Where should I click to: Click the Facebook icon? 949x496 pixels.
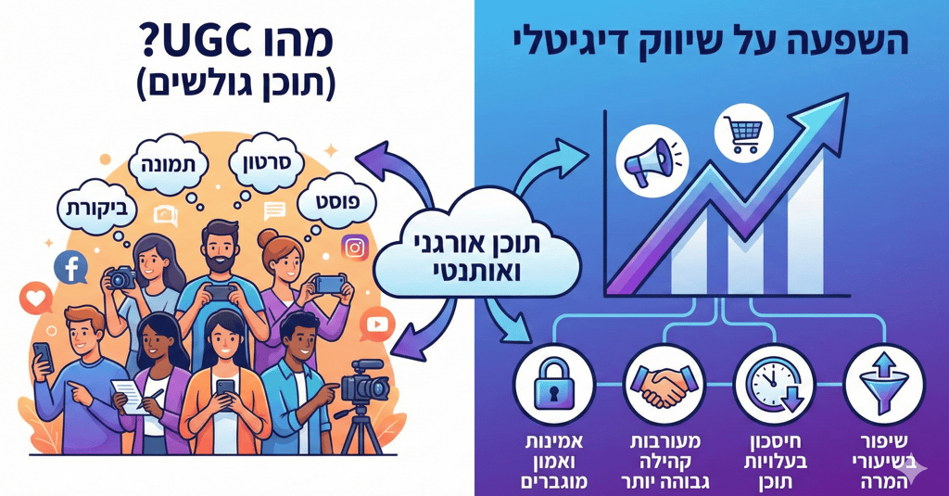click(70, 268)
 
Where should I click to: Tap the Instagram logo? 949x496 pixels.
click(355, 247)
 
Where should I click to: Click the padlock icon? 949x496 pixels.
click(553, 383)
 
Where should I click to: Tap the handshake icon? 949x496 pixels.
click(663, 383)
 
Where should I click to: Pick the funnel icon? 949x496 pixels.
click(880, 383)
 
